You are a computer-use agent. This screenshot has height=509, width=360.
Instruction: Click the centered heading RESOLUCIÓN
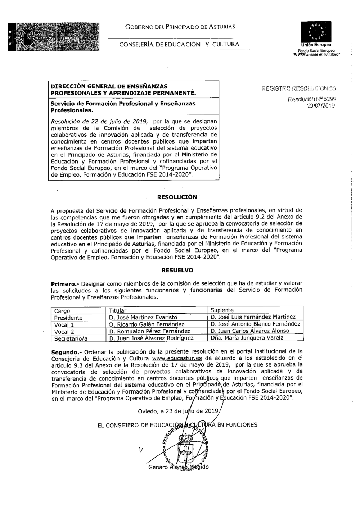[x=177, y=197]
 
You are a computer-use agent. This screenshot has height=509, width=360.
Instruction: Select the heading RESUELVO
[x=177, y=270]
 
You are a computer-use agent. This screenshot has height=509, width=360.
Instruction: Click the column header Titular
[x=118, y=310]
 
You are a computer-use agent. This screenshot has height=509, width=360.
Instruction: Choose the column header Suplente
[x=222, y=310]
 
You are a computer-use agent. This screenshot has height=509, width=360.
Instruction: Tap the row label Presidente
[x=68, y=318]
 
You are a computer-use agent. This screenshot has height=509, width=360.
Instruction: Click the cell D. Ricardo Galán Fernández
[x=147, y=324]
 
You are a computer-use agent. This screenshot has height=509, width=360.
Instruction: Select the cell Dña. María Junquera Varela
[x=247, y=338]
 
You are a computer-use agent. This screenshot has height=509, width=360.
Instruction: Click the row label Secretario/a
[x=71, y=338]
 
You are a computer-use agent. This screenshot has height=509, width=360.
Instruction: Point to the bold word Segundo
[x=63, y=351]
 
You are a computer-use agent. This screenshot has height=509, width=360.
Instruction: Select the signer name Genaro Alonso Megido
[x=178, y=467]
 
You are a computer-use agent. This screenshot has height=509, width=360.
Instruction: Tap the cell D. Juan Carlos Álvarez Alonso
[x=249, y=331]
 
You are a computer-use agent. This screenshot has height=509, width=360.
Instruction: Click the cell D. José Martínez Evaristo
[x=143, y=317]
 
